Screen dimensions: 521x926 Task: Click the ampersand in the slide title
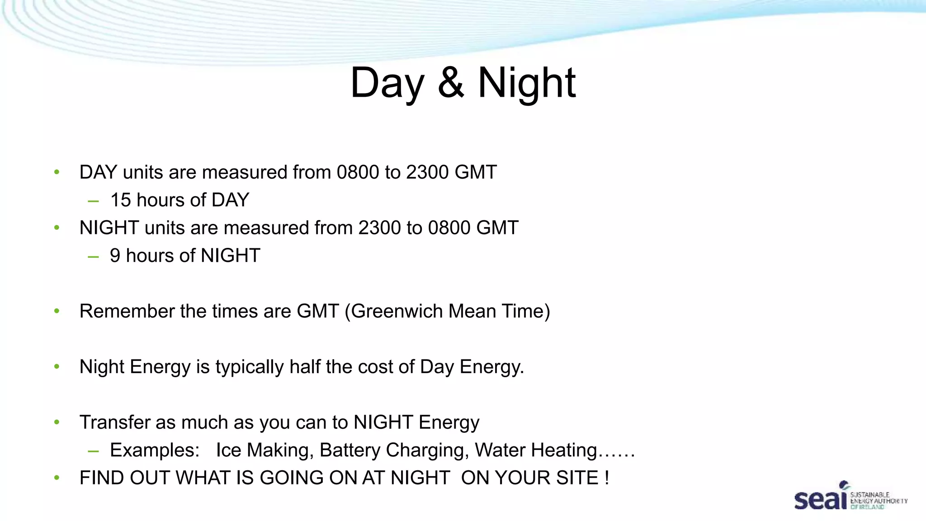(451, 83)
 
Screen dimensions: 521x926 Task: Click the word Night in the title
(526, 83)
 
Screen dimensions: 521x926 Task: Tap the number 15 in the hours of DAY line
(120, 200)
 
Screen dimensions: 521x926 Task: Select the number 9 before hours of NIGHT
(115, 256)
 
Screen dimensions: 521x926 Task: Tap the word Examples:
(155, 450)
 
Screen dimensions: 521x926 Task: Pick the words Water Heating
(536, 450)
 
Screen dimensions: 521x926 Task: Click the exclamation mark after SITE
(606, 478)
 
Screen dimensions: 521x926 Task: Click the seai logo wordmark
(820, 500)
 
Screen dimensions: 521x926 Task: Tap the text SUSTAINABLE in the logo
(869, 495)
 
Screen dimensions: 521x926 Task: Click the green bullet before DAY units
(57, 172)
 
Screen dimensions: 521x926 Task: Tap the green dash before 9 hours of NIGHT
(93, 257)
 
